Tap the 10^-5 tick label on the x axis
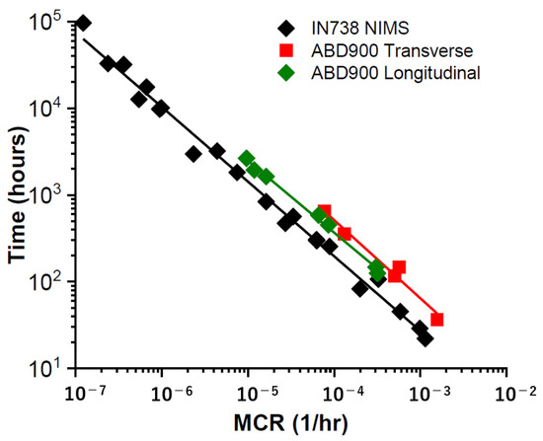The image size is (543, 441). click(x=248, y=393)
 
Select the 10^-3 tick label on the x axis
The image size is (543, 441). click(x=421, y=393)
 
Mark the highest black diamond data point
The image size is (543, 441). click(x=84, y=24)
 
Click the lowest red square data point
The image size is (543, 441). click(x=436, y=320)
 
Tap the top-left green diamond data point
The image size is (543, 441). click(x=247, y=159)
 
